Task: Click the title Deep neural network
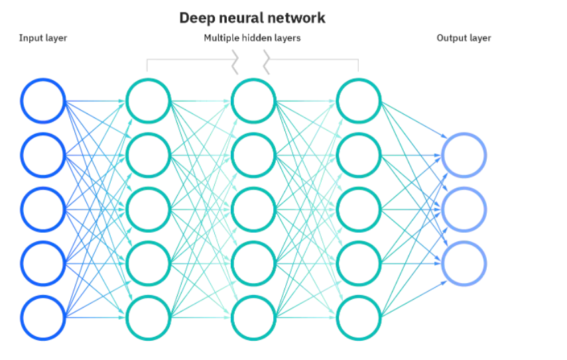pos(252,18)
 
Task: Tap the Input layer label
pos(43,38)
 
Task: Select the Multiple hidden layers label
pos(252,38)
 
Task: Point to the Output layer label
pos(464,38)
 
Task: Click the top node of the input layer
pos(43,101)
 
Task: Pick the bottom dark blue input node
pos(43,318)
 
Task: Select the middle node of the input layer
pos(43,210)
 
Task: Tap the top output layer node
pos(464,155)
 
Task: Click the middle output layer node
pos(464,210)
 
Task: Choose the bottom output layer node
pos(464,264)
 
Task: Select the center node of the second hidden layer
pos(253,210)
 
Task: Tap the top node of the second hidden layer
pos(253,101)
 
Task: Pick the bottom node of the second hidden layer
pos(253,318)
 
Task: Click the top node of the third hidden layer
pos(359,101)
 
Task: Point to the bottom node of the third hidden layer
pos(359,318)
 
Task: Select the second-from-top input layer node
pos(43,155)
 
